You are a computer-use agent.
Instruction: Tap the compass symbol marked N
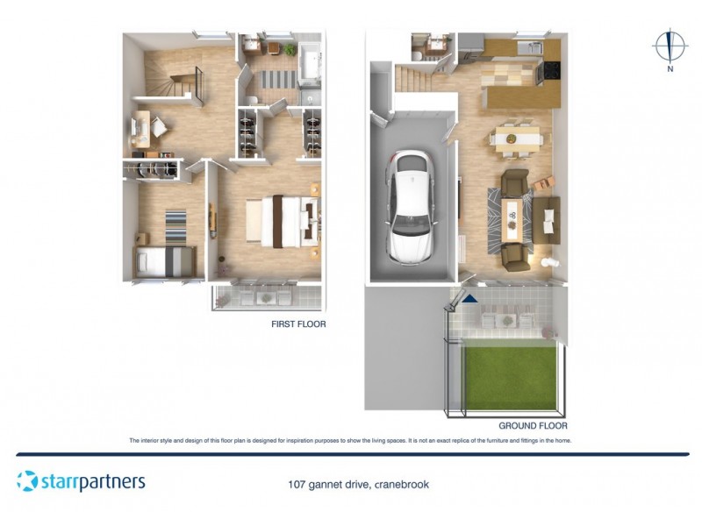click(x=670, y=49)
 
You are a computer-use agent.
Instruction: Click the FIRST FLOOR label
click(x=298, y=324)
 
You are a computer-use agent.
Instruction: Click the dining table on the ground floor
click(x=517, y=138)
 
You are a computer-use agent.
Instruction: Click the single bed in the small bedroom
click(x=165, y=260)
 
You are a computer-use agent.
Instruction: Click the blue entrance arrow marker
click(x=470, y=299)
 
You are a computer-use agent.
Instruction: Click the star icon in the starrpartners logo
click(x=28, y=481)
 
